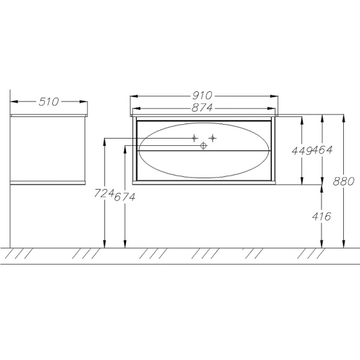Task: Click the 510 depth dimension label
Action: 49,102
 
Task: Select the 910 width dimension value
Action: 202,95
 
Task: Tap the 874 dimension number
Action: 202,107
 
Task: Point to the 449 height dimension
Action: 302,151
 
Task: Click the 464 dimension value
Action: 322,150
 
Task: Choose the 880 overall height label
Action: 344,181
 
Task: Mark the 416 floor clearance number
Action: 322,216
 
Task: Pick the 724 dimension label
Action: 104,193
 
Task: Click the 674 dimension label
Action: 125,197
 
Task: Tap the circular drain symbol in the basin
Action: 203,146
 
